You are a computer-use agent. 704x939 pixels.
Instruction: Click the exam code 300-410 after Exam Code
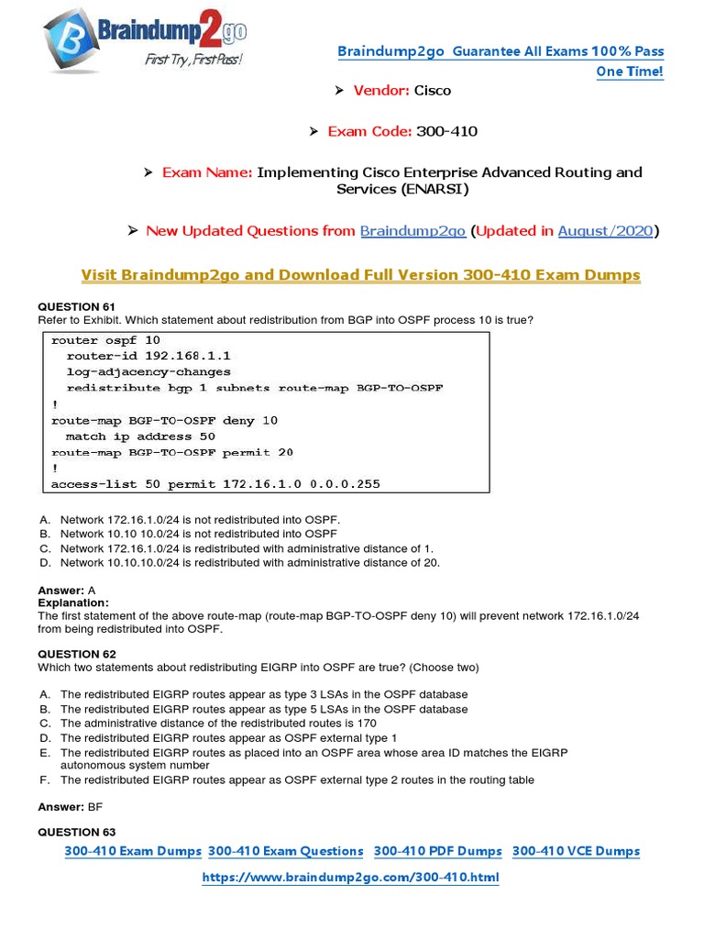pos(446,131)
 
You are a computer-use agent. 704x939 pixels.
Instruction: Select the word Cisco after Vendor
pos(433,90)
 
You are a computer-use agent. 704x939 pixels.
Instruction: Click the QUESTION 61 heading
pos(77,306)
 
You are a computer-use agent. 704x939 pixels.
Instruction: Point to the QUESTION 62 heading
pos(77,654)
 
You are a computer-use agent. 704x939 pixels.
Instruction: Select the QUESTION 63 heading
pos(77,832)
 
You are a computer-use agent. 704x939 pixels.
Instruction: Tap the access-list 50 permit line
pos(215,483)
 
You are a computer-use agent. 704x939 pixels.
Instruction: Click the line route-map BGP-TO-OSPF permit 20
pos(172,452)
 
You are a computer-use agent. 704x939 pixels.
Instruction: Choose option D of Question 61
pos(249,562)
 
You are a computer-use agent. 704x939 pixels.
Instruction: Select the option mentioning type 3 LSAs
pos(264,694)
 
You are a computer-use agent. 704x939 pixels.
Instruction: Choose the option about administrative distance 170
pos(218,723)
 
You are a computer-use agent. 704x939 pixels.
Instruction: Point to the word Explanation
pos(72,602)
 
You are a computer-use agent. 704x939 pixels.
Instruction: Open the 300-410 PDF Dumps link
pos(438,851)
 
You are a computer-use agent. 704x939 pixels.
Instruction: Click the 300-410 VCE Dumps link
pos(576,851)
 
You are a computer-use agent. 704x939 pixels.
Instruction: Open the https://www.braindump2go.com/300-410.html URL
pos(350,878)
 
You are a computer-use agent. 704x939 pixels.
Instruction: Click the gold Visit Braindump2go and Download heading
pos(360,275)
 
